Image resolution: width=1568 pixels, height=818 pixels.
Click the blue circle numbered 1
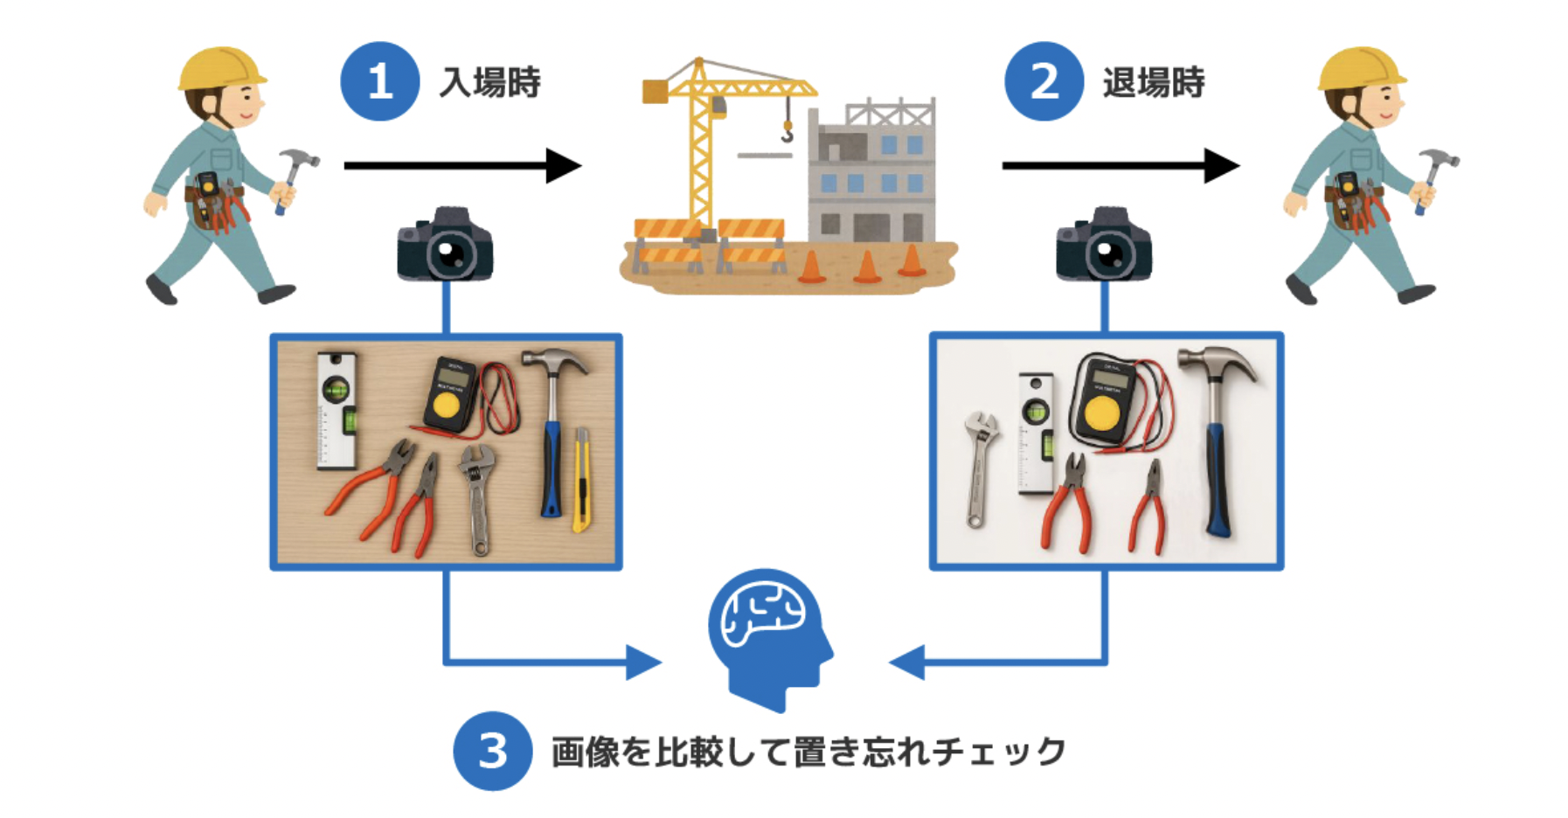tap(379, 81)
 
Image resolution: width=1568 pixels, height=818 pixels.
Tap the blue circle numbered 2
tap(1044, 81)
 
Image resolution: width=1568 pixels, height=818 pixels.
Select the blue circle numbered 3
tap(492, 751)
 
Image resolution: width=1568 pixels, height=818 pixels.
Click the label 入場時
tap(489, 83)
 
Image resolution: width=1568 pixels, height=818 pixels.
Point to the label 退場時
tap(1154, 83)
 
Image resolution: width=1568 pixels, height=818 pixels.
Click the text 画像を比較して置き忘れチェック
tap(808, 752)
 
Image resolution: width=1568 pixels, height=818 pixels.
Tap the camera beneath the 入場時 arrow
tap(446, 246)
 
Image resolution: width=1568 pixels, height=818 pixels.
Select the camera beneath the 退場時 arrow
tap(1104, 246)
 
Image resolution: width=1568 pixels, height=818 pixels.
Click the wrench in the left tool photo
tap(477, 498)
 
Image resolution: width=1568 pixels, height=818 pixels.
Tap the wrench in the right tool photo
tap(980, 468)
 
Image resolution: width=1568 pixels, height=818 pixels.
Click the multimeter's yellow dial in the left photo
tap(447, 405)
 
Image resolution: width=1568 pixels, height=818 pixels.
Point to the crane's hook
tap(787, 133)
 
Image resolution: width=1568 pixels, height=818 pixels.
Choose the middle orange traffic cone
tap(867, 267)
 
